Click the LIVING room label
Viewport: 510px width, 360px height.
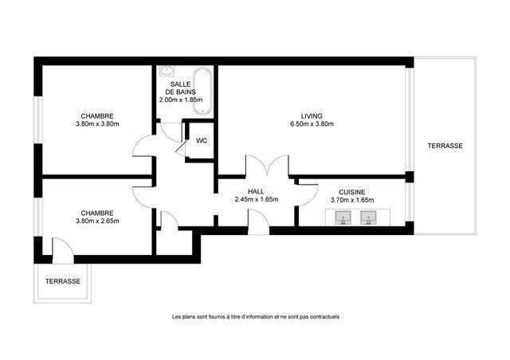(312, 115)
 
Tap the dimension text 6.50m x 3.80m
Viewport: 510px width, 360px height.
(312, 123)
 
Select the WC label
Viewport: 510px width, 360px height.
(202, 141)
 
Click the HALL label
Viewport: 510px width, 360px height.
(256, 191)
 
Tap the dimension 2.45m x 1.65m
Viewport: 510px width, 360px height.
(256, 200)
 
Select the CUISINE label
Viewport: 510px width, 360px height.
(352, 191)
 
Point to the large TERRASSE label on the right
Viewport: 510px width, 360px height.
(445, 146)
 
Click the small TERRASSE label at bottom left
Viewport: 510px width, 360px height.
(62, 281)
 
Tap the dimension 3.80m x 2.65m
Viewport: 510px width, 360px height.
(98, 221)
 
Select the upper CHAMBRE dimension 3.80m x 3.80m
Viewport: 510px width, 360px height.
(97, 123)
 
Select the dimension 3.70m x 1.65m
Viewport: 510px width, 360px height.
(352, 200)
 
